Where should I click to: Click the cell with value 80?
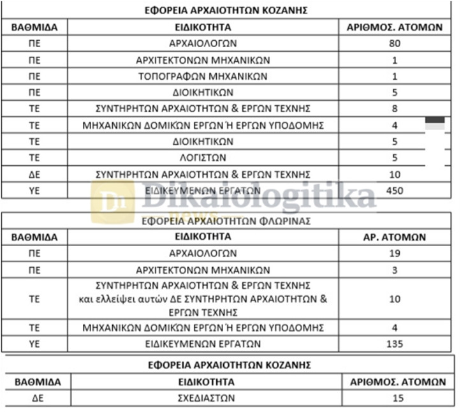point(394,44)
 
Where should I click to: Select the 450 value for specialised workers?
point(395,190)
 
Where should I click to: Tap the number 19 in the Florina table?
point(394,253)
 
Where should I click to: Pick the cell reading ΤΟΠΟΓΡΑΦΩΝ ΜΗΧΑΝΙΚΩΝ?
point(203,77)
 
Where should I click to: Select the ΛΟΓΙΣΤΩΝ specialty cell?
point(203,158)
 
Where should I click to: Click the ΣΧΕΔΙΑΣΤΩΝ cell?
point(203,399)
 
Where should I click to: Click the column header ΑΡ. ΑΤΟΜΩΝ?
point(394,237)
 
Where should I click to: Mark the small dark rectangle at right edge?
point(435,119)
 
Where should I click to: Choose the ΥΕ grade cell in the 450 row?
point(34,190)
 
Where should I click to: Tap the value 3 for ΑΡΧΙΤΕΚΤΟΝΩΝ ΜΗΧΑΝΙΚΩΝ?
point(394,269)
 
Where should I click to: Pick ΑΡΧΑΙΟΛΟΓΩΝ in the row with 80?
point(203,44)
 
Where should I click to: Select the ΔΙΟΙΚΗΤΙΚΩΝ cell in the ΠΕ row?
point(203,92)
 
